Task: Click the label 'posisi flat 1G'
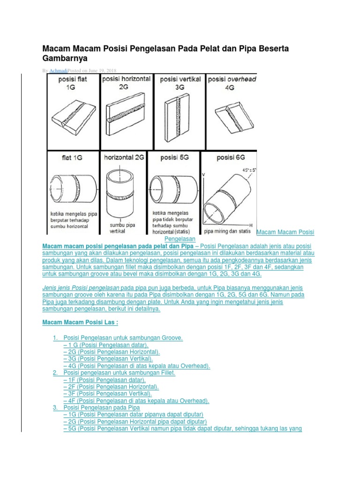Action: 72,83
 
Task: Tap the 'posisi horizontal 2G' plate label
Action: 126,82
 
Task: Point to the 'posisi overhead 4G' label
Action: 232,83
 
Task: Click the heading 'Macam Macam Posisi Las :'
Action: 81,323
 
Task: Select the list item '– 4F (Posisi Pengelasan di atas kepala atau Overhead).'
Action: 136,401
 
